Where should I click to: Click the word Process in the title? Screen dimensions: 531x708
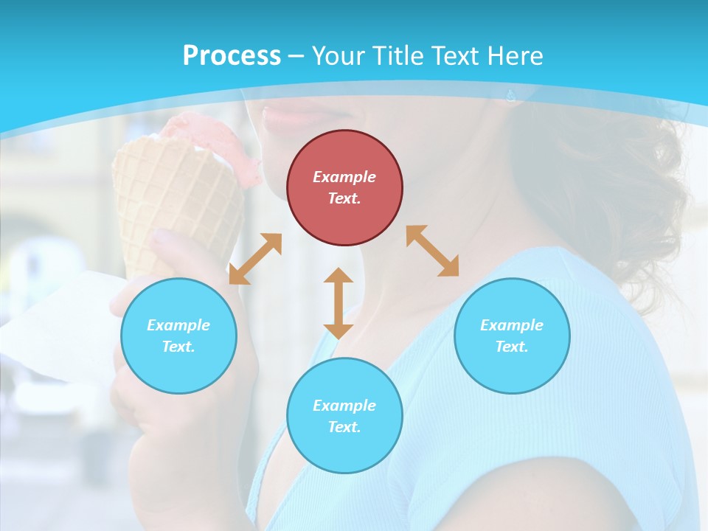(232, 56)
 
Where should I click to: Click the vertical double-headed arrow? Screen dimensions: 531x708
(339, 303)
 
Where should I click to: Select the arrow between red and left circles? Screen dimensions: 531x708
(255, 259)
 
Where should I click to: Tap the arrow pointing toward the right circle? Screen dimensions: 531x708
(433, 251)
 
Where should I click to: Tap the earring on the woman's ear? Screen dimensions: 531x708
(510, 95)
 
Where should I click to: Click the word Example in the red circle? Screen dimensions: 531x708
(344, 177)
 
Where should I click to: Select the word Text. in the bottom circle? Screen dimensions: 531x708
(344, 427)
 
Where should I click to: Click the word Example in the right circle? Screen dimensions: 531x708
(512, 325)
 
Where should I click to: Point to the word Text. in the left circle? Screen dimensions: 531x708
(178, 347)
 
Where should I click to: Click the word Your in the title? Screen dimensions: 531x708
(337, 56)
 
